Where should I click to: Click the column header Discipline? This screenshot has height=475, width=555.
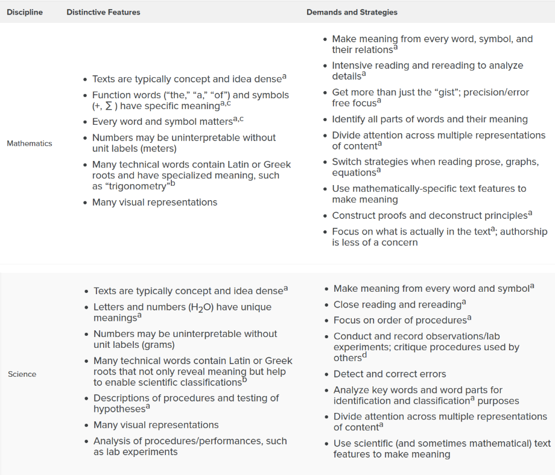pos(25,12)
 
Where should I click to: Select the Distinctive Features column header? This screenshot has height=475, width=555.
pos(103,12)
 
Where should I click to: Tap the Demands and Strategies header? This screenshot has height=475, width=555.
pos(352,12)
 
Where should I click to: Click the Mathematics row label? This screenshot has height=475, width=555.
pos(30,143)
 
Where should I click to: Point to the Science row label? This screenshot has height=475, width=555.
pos(22,374)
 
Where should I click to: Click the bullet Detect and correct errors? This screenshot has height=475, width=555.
pos(390,374)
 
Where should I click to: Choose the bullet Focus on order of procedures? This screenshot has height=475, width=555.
pos(400,320)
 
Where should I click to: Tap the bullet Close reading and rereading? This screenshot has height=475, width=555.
pos(398,304)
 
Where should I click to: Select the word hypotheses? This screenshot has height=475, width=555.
pos(119,409)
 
